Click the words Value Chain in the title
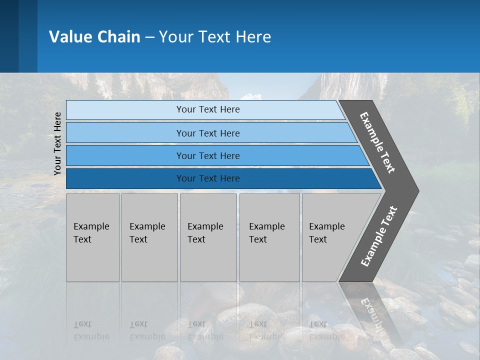click(94, 37)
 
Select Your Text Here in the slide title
click(215, 37)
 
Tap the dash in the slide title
click(149, 37)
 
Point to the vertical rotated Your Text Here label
click(57, 143)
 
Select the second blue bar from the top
click(207, 133)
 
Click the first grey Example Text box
click(92, 237)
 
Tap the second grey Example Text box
click(149, 237)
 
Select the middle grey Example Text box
click(208, 237)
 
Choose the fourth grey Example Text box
click(269, 237)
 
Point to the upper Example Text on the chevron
click(377, 143)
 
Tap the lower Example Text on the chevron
click(379, 236)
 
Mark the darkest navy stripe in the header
click(9, 36)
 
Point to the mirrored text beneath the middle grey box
click(205, 330)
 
